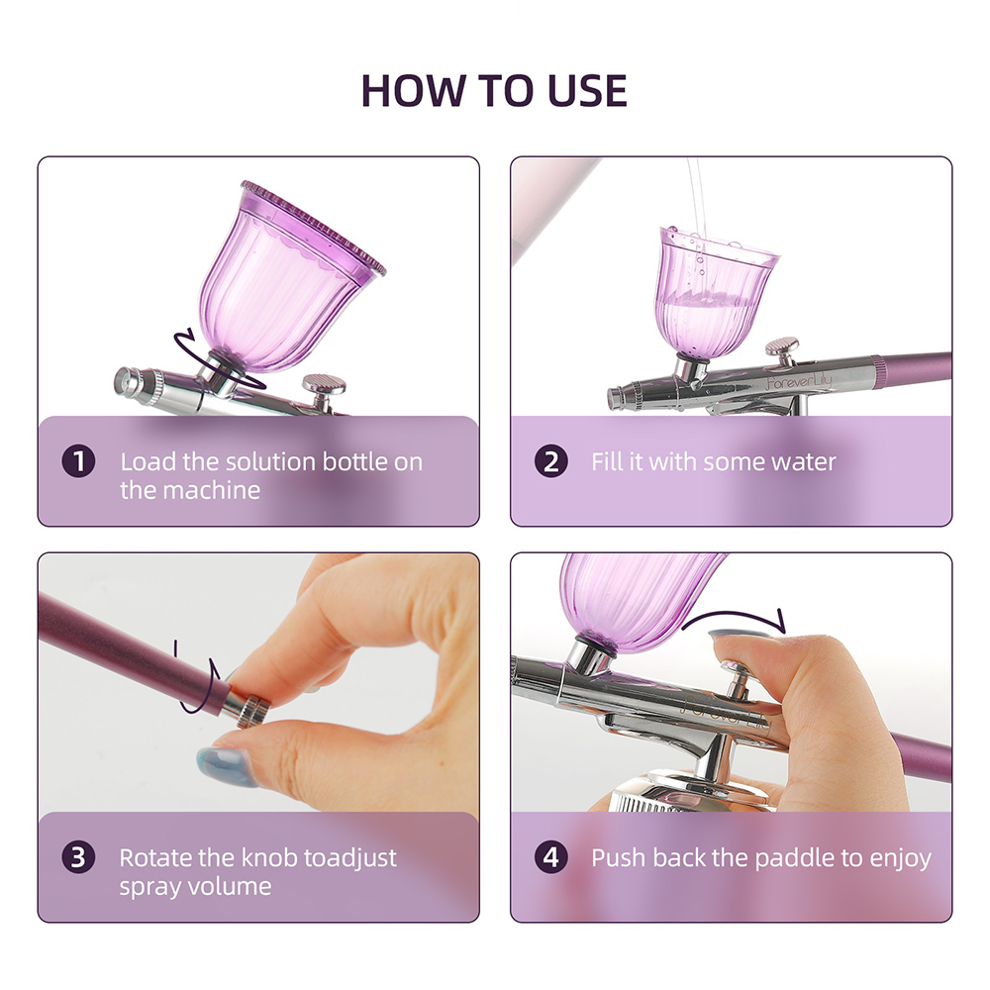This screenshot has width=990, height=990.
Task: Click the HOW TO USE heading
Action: [494, 90]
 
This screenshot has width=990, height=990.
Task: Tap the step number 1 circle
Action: [78, 461]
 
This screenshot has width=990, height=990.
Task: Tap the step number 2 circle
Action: [551, 461]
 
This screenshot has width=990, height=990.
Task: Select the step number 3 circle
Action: [78, 857]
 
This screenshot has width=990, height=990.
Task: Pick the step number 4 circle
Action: [551, 857]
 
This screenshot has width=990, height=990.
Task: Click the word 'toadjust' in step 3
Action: [348, 857]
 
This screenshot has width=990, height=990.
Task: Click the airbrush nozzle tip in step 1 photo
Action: [126, 380]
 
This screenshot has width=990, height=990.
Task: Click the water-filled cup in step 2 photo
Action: [717, 287]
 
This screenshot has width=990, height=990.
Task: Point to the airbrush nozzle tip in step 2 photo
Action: [616, 398]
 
